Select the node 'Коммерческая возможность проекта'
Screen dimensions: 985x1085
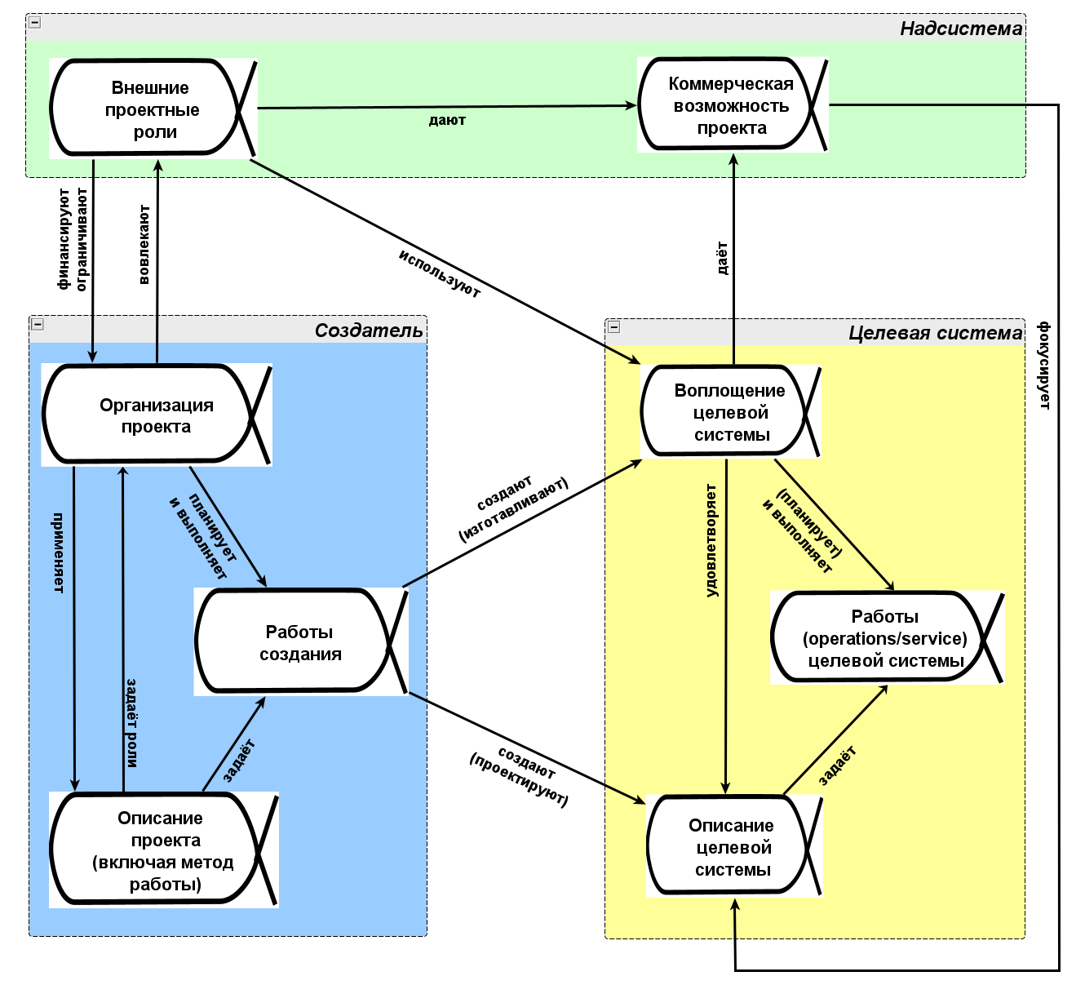pyautogui.click(x=730, y=105)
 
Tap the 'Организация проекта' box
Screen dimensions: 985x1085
pyautogui.click(x=155, y=415)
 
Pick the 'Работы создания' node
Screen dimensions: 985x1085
pyautogui.click(x=299, y=642)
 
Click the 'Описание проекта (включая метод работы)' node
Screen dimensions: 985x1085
pyautogui.click(x=163, y=850)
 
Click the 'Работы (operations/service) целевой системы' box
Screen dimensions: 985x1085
pyautogui.click(x=884, y=638)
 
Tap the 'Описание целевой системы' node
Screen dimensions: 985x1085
pyautogui.click(x=732, y=847)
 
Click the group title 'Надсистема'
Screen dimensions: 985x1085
pyautogui.click(x=960, y=29)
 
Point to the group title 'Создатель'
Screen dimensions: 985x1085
pyautogui.click(x=369, y=331)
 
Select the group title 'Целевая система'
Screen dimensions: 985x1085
pyautogui.click(x=934, y=333)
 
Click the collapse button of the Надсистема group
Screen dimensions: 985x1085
pyautogui.click(x=35, y=23)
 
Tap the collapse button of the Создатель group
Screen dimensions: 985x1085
pyautogui.click(x=38, y=325)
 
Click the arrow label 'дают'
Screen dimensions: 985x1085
pyautogui.click(x=447, y=121)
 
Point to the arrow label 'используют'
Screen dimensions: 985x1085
pyautogui.click(x=440, y=273)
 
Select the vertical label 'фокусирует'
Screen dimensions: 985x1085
pyautogui.click(x=1043, y=366)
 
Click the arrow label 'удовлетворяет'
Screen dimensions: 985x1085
pyautogui.click(x=711, y=540)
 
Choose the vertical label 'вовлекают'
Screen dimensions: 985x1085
pyautogui.click(x=144, y=245)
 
